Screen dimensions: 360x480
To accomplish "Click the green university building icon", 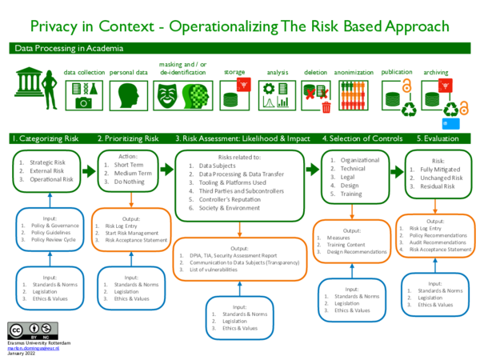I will (29, 82).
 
